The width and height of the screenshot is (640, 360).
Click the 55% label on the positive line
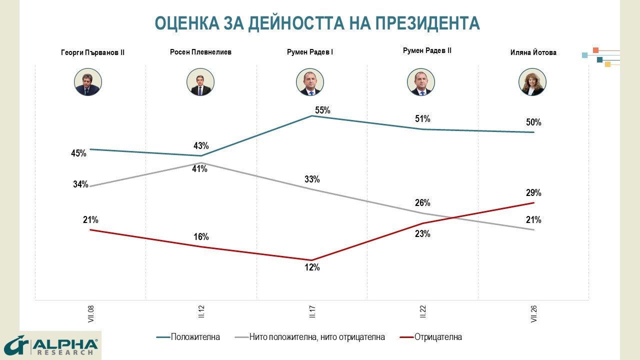coord(322,110)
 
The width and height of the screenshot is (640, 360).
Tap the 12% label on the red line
coord(312,267)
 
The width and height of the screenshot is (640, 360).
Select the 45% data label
coord(78,153)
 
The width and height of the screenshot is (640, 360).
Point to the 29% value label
coord(533,193)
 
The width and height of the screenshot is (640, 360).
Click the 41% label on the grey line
coord(199,169)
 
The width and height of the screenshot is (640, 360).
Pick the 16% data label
coord(201,237)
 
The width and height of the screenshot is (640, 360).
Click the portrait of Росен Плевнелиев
coord(200,82)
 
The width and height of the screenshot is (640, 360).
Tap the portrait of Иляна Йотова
coord(532,82)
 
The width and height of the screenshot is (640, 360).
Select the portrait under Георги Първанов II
coord(88,82)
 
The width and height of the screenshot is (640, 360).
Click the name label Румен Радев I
coord(310,52)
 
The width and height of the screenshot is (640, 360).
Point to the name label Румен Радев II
coord(427,50)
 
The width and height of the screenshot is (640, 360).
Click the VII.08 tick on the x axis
coord(91,314)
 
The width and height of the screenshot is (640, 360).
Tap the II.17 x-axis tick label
coord(312,311)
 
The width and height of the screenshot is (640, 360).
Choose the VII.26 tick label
coord(533,314)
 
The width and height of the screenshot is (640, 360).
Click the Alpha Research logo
coord(51,345)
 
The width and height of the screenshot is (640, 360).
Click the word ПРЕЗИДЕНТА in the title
coord(427,23)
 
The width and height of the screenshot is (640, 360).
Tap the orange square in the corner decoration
coord(595,50)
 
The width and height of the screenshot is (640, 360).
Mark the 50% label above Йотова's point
coord(533,122)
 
